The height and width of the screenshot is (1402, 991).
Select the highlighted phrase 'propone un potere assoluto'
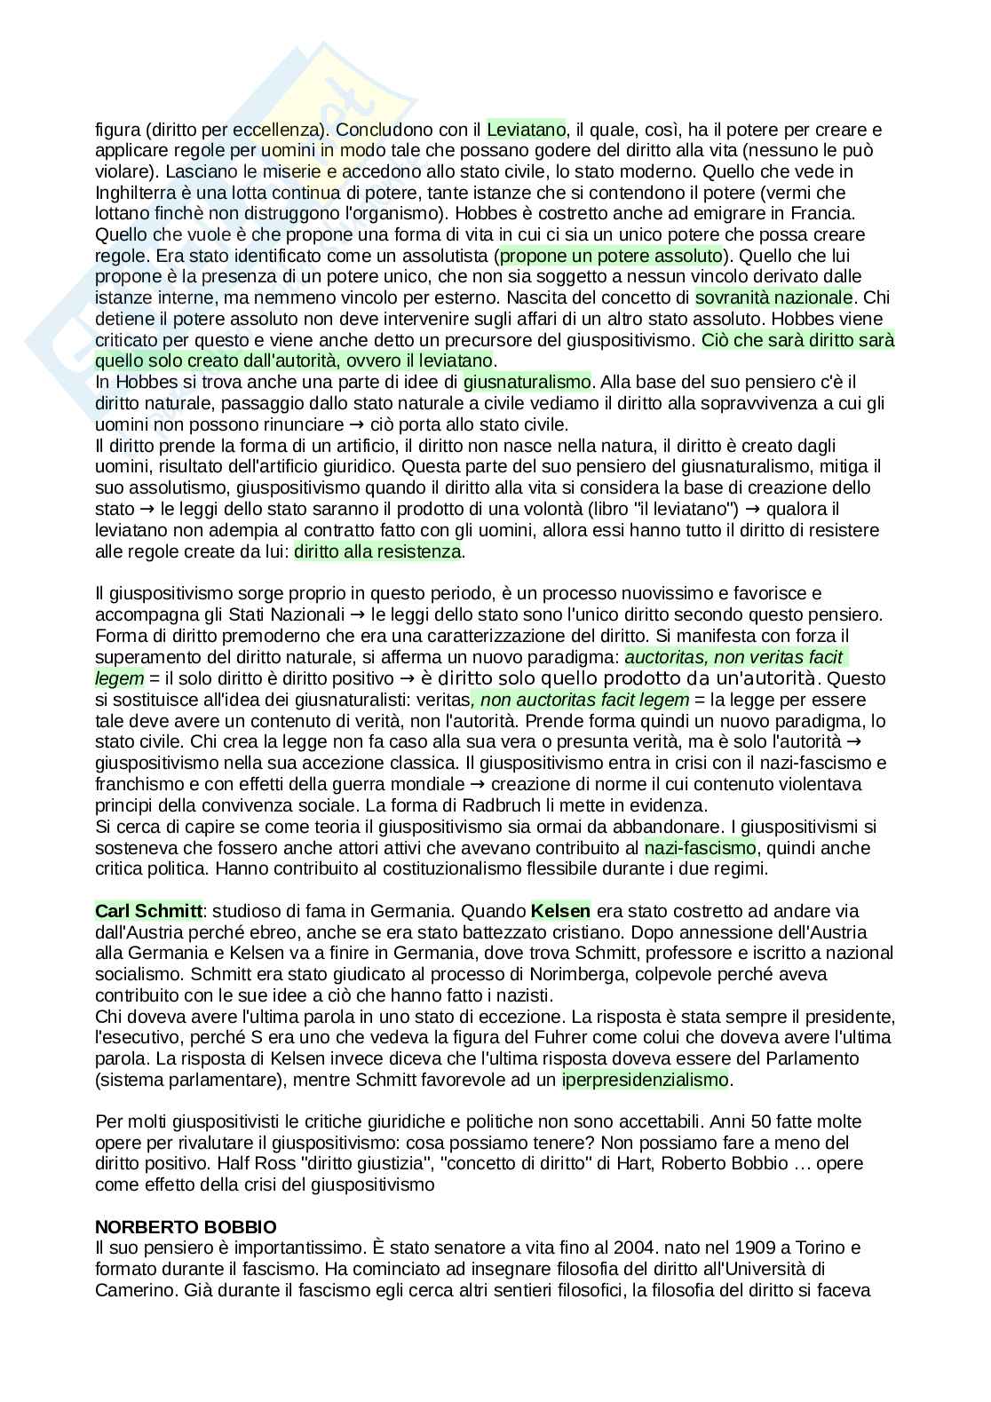pos(612,256)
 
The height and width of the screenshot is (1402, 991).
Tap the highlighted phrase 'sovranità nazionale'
pos(773,297)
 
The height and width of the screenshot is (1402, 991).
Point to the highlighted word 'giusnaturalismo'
pos(527,382)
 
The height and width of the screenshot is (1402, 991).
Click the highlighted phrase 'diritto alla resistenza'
pos(377,551)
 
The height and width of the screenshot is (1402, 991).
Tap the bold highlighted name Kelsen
pos(560,911)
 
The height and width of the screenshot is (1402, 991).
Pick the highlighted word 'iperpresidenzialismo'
pos(645,1080)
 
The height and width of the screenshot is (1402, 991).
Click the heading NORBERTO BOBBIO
pos(186,1227)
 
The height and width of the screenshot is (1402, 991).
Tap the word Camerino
pos(131,1290)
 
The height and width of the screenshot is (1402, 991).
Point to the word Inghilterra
pos(137,193)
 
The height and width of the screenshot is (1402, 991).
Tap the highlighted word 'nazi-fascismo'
pos(700,847)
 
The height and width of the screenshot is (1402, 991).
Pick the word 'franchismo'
pos(135,784)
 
